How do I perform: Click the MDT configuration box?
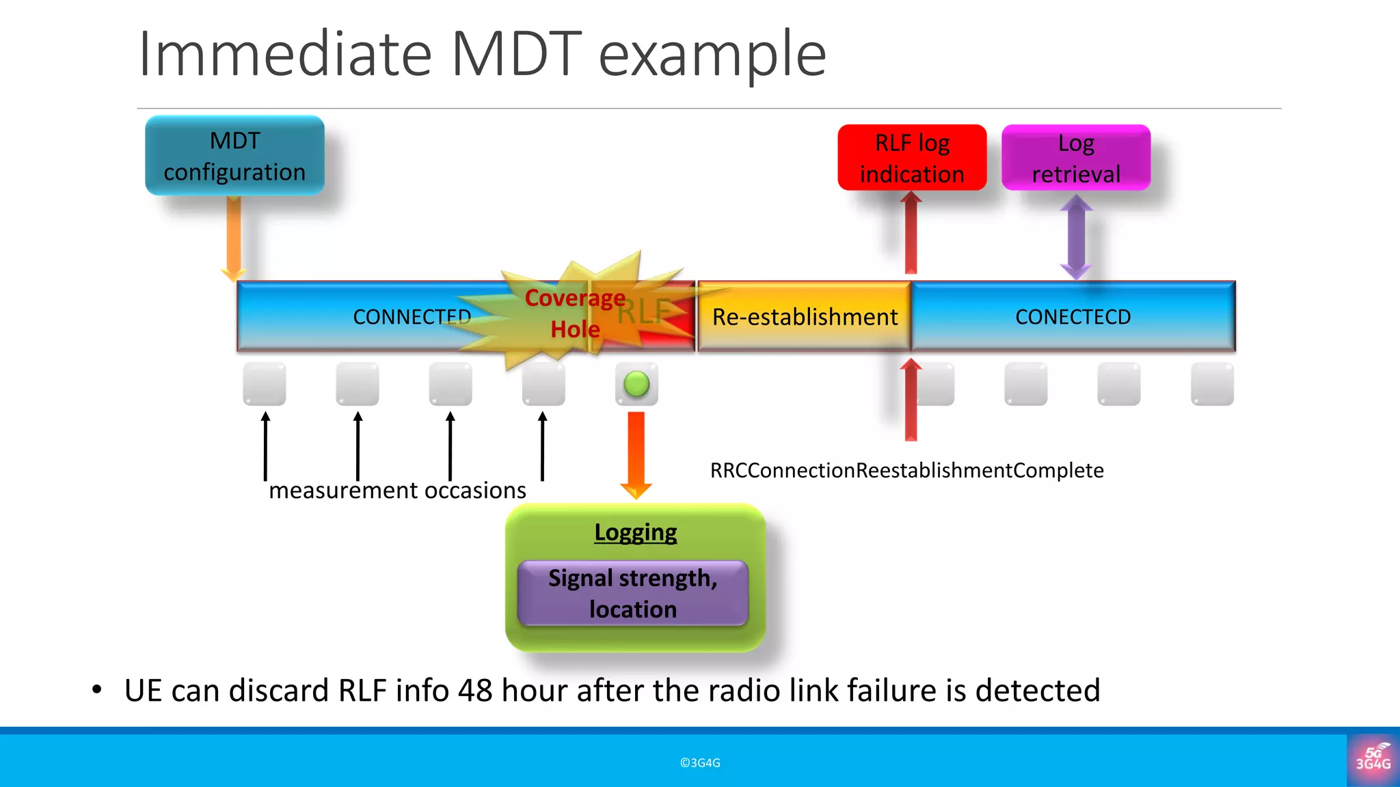tap(234, 156)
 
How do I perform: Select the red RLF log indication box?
tap(912, 158)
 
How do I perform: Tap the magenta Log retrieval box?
tap(1076, 158)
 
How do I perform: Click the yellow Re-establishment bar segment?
tap(804, 317)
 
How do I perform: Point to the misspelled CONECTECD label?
tap(1073, 317)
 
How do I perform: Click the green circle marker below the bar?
tap(636, 384)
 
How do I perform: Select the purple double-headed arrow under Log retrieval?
tap(1076, 237)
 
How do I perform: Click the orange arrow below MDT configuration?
tap(234, 239)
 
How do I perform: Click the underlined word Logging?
tap(635, 532)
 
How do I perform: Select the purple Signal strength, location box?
tap(633, 593)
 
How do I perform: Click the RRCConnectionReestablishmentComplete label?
tap(906, 471)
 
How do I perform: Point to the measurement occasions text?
tap(397, 491)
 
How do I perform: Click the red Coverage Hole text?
tap(575, 314)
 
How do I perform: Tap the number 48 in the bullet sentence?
tap(475, 691)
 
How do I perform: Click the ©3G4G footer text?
tap(700, 763)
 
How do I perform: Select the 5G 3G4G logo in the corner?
tap(1373, 759)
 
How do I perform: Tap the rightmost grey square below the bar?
tap(1212, 384)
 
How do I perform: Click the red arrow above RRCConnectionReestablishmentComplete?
tap(911, 400)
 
